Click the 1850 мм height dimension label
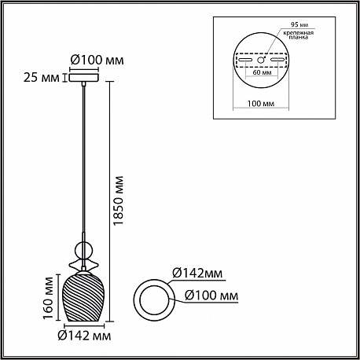click(118, 200)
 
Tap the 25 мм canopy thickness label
click(42, 78)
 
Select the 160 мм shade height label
click(48, 298)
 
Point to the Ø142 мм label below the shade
click(84, 336)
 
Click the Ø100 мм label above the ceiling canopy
click(97, 61)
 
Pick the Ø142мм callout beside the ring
click(197, 274)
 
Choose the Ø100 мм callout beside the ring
click(211, 296)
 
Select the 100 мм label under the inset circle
click(261, 104)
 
